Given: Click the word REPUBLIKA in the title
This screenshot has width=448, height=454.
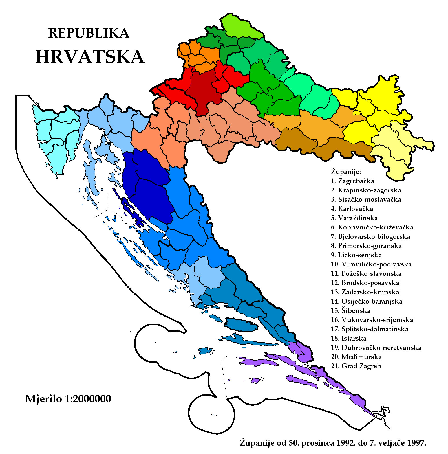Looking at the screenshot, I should tap(88, 33).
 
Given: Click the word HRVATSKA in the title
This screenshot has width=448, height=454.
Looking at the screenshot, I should tap(89, 57).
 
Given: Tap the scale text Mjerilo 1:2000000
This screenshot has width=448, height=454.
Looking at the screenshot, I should tap(68, 399).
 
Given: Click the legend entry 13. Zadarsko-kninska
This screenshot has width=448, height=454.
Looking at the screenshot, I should tap(365, 292).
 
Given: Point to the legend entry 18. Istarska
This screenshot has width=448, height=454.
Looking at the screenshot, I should tap(349, 339).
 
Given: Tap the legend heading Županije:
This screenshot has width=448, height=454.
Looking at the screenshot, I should tap(346, 172).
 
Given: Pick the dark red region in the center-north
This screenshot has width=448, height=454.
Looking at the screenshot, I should tap(203, 90).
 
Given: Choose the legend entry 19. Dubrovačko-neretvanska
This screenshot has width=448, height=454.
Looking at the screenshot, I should tap(376, 348).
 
